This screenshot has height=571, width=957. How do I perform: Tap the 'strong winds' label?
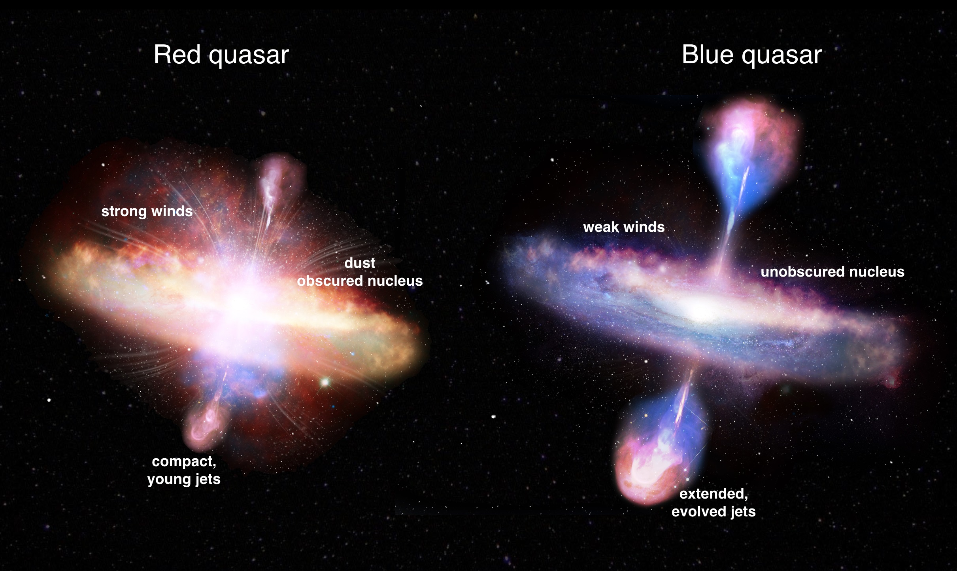[147, 211]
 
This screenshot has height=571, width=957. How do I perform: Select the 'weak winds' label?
[624, 227]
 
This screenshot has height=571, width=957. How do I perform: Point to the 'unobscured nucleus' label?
[832, 272]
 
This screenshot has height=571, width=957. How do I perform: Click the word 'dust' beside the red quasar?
[359, 263]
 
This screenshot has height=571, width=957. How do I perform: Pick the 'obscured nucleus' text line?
[360, 281]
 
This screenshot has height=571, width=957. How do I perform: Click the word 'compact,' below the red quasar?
[184, 461]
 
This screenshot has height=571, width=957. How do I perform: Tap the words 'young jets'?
[184, 479]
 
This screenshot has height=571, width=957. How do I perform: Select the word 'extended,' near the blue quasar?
[714, 494]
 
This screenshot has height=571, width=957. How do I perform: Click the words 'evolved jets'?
[714, 512]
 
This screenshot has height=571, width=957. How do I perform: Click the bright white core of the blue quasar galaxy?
[702, 313]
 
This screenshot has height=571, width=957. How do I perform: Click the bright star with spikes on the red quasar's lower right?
[325, 382]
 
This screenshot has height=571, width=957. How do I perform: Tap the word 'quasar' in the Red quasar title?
[249, 55]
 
